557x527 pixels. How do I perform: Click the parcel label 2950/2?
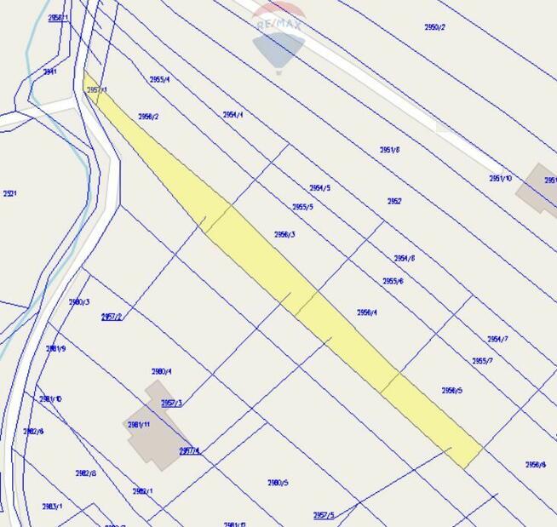coord(434,27)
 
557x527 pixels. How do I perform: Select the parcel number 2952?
coord(394,202)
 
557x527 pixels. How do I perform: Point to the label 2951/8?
coord(389,150)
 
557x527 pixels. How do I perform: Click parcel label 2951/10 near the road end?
coord(500,178)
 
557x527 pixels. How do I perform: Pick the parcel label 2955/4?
coord(159,80)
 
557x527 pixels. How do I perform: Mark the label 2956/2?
coord(148,117)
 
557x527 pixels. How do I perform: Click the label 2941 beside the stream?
coord(50,72)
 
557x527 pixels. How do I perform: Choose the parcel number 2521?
coord(10,193)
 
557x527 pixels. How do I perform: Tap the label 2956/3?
coord(284,234)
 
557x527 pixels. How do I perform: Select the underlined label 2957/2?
coord(111,317)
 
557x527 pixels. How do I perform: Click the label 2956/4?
coord(366,312)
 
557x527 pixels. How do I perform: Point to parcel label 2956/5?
coord(451,391)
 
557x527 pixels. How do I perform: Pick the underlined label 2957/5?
coord(324,515)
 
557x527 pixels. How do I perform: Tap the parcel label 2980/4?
coord(161,371)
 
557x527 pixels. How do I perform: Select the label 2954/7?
coord(497,339)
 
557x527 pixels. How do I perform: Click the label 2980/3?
coord(78,302)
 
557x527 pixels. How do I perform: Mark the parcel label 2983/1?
coord(52,507)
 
